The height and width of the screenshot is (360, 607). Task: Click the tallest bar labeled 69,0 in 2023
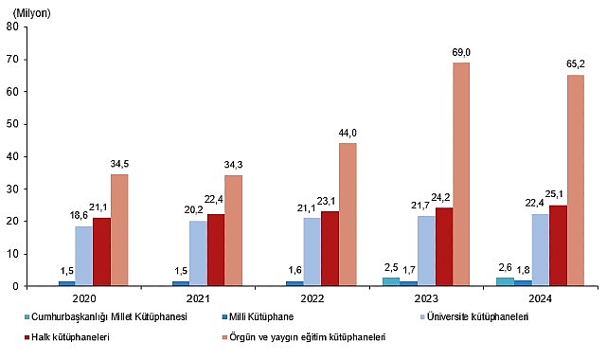coord(461,174)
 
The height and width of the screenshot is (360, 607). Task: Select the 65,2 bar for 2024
coord(575,180)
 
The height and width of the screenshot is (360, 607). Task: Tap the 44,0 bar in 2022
coord(348,214)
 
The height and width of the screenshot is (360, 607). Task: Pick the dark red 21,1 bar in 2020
coord(101,252)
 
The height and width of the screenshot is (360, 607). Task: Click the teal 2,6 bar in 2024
coord(507,281)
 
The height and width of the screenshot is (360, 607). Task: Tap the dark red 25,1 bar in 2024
coord(558,245)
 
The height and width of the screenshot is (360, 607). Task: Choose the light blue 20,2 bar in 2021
coord(198,253)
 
